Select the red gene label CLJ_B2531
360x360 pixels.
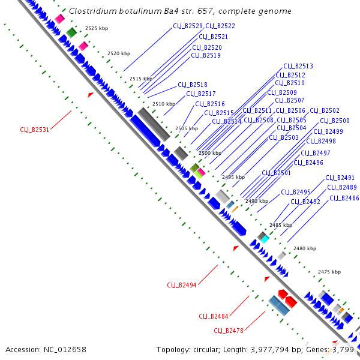point(34,130)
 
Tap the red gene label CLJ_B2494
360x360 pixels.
point(181,285)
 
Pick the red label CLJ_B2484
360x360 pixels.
point(213,316)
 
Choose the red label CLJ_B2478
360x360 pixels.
point(229,331)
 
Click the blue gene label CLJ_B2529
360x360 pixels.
point(187,26)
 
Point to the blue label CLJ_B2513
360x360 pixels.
point(298,66)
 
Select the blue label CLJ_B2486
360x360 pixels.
point(344,198)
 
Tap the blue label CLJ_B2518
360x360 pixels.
point(193,85)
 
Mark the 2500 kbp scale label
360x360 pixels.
point(209,154)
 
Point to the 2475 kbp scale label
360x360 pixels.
point(329,272)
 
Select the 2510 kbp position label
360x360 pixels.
point(163,104)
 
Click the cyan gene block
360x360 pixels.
point(265,239)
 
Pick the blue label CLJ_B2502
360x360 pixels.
point(325,111)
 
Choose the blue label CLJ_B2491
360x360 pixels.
point(340,178)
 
